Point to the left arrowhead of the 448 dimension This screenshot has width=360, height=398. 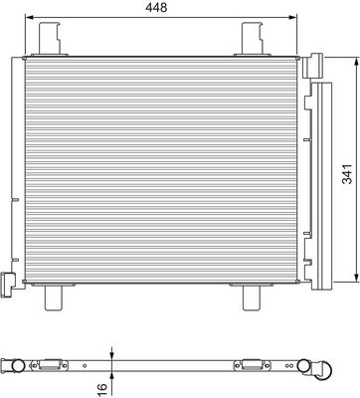(30, 19)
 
